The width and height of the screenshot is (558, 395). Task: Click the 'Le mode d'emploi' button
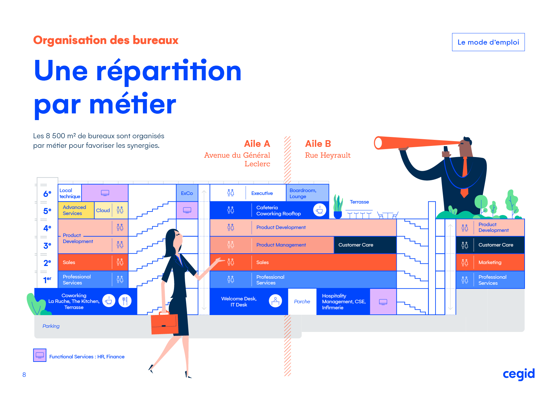click(488, 42)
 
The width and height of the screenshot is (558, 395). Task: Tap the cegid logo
click(519, 374)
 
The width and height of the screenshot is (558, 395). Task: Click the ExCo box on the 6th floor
click(187, 193)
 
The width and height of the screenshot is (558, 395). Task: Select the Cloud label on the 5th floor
click(103, 211)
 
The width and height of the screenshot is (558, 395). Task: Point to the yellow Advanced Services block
click(76, 210)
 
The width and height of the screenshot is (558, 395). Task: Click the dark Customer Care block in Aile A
click(365, 245)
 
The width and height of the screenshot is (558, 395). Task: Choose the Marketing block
click(490, 262)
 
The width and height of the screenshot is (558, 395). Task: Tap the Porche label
click(302, 302)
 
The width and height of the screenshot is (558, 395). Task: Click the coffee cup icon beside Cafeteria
click(319, 210)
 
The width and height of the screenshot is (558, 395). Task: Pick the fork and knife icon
click(125, 301)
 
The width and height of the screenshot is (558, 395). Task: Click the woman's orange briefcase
click(164, 324)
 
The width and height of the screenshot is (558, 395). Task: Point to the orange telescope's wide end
click(378, 143)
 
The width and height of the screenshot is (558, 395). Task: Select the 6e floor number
click(47, 194)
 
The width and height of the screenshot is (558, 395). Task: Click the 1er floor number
click(47, 280)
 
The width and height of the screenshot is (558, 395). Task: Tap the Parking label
click(51, 326)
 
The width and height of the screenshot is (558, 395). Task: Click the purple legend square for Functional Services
click(40, 355)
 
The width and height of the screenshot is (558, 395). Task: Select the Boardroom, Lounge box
click(307, 193)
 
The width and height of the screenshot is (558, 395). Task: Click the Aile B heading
click(318, 144)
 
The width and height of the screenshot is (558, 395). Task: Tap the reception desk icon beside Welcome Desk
click(275, 301)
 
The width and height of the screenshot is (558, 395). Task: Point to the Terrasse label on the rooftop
click(359, 202)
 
